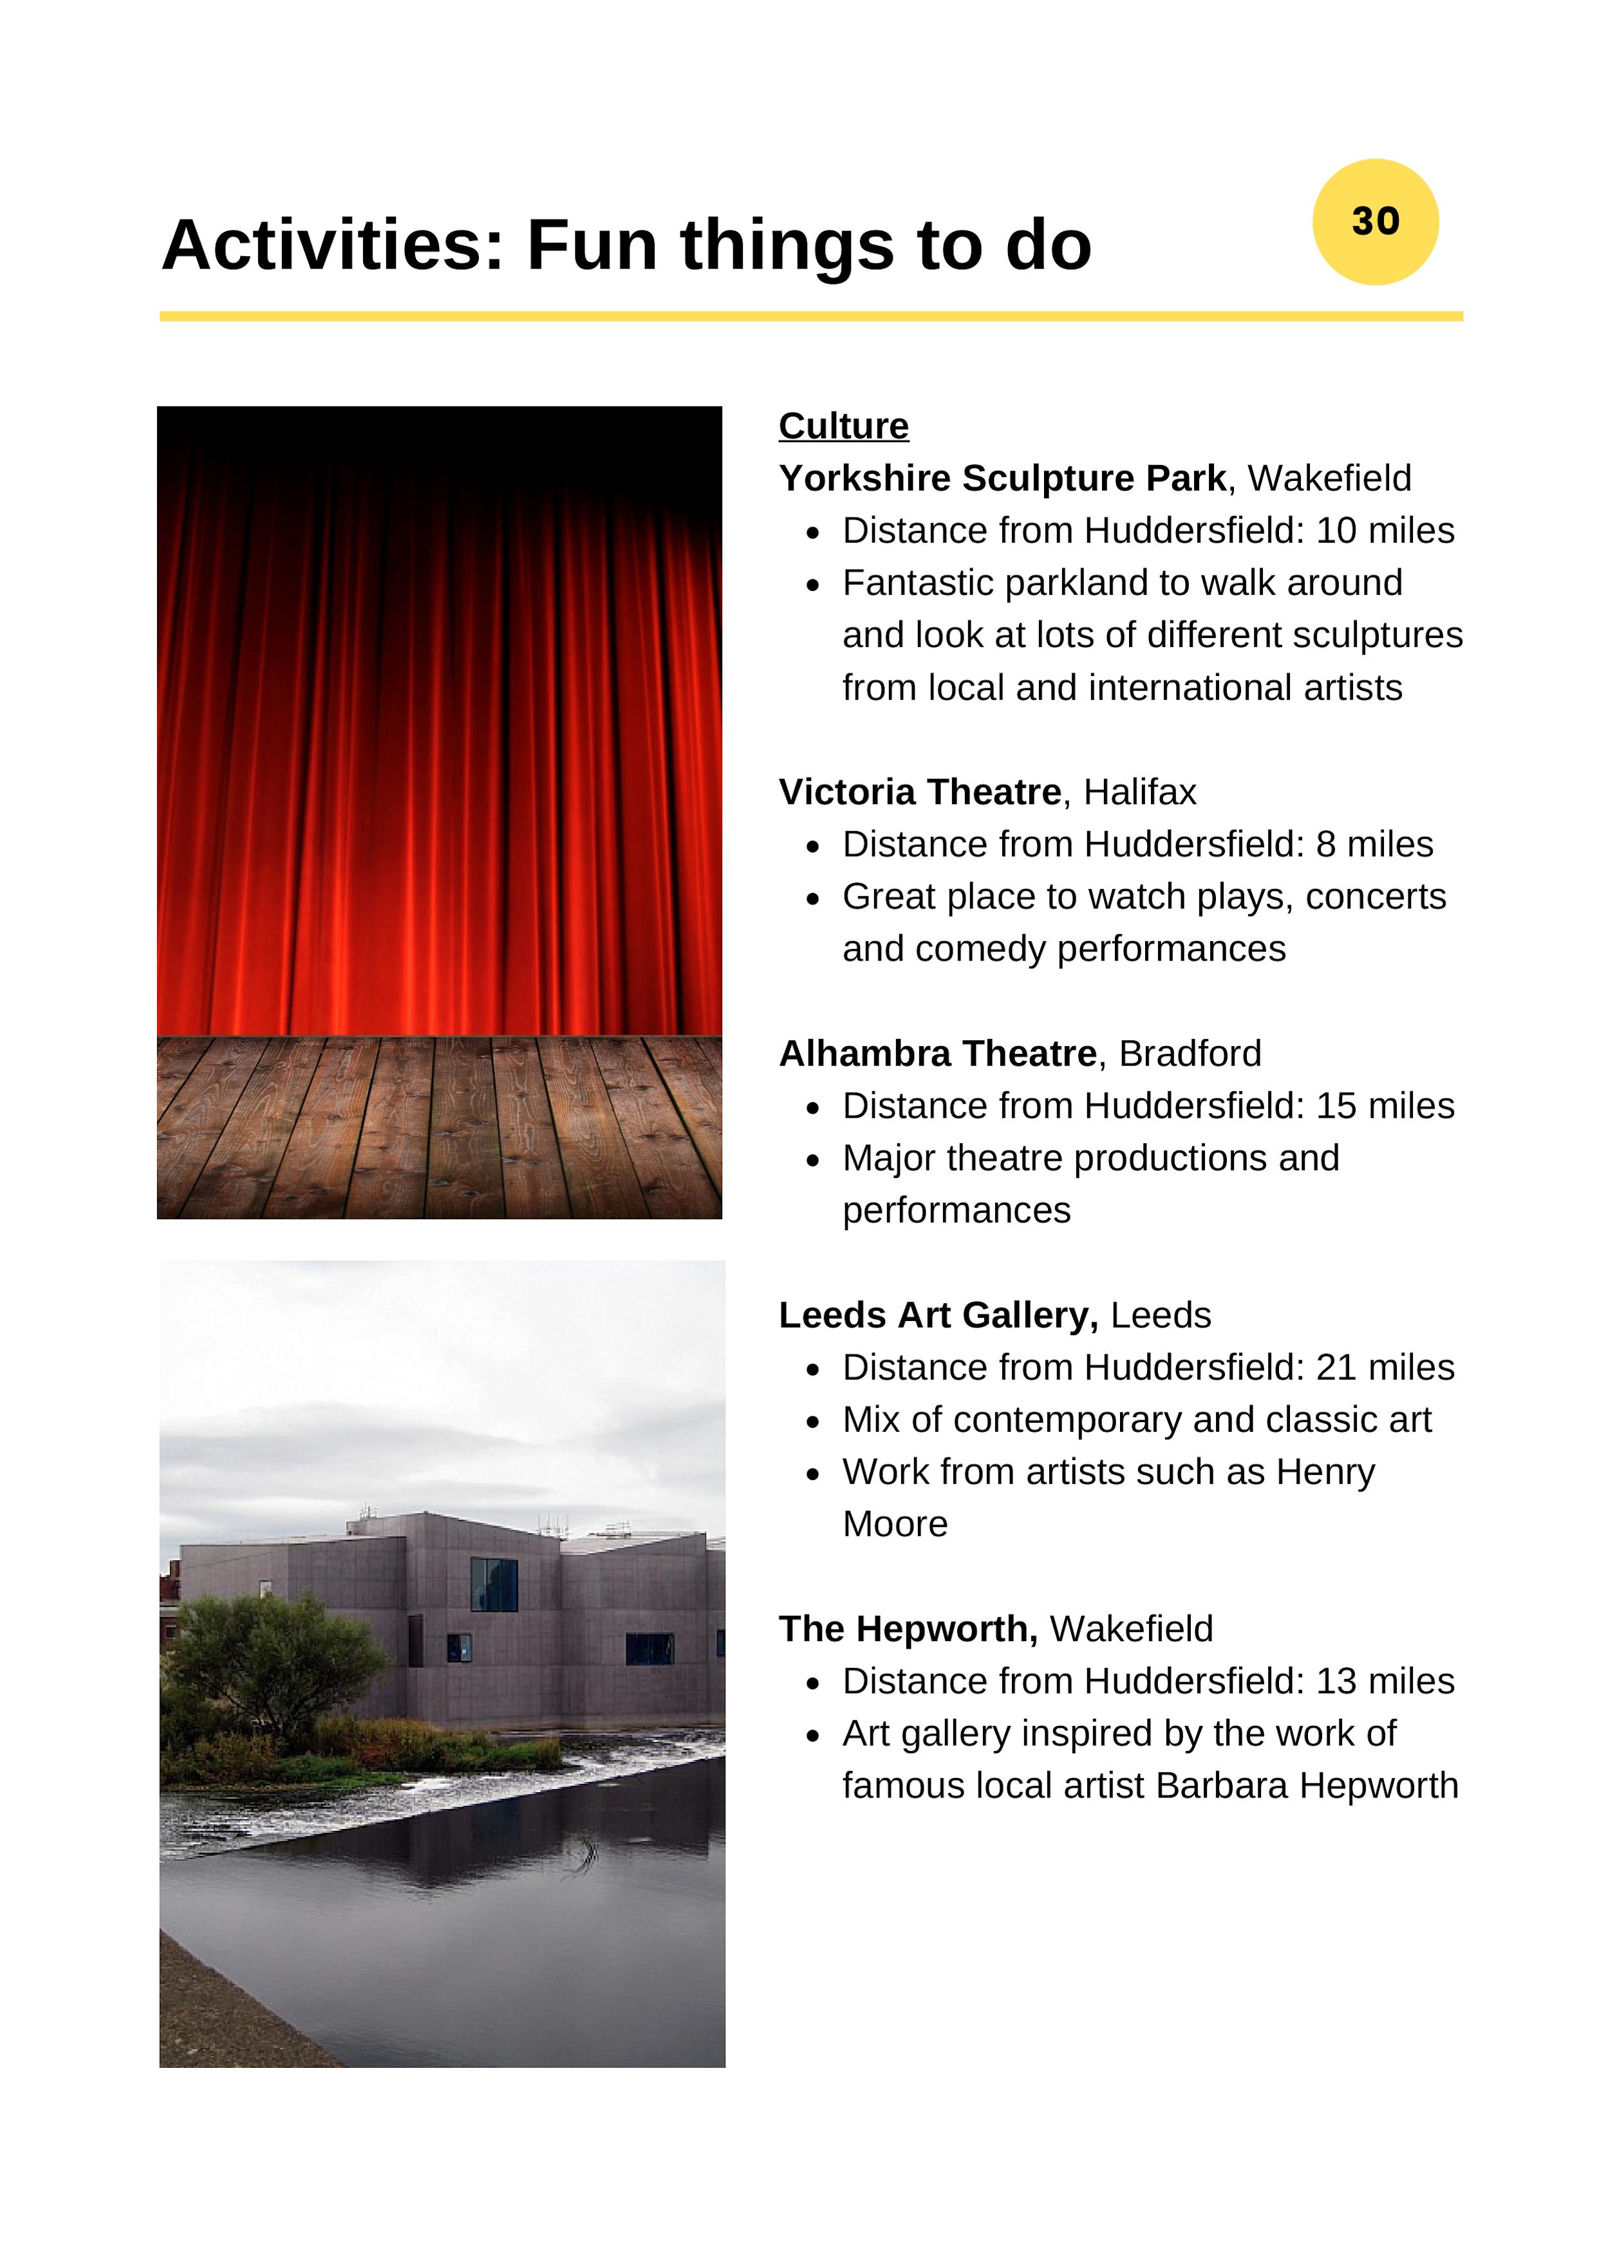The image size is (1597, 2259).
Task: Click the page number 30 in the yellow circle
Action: [x=1375, y=221]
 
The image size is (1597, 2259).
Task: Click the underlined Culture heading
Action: [x=843, y=426]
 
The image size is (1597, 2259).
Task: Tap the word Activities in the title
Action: [x=332, y=245]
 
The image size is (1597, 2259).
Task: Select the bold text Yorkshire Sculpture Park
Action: [x=1002, y=478]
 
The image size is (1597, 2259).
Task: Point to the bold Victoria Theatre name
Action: [x=919, y=792]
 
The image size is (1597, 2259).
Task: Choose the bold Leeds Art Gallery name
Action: [x=938, y=1315]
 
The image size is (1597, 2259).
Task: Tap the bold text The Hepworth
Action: [x=907, y=1629]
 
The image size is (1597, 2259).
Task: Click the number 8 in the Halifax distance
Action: [x=1325, y=844]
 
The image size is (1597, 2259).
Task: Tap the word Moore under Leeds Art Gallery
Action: [x=895, y=1524]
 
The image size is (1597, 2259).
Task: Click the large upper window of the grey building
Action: [x=494, y=1584]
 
